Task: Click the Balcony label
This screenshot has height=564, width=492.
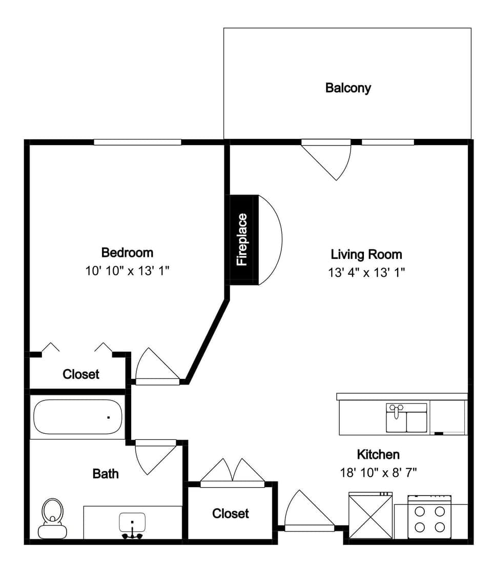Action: click(x=348, y=88)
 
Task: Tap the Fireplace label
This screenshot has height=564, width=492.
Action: click(x=242, y=239)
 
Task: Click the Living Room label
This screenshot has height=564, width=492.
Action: click(x=366, y=254)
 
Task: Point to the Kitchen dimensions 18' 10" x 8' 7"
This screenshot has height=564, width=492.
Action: click(x=378, y=472)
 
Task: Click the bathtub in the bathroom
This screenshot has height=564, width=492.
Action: click(x=78, y=417)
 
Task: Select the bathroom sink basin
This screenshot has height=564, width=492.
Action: click(x=132, y=523)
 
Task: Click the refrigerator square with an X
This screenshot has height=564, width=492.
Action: click(x=371, y=516)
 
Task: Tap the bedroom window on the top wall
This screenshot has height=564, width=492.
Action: click(x=137, y=142)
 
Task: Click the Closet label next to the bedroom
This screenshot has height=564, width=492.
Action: click(x=81, y=374)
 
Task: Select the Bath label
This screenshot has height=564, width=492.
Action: click(x=106, y=473)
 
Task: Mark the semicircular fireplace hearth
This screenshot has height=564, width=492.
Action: click(x=271, y=240)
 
